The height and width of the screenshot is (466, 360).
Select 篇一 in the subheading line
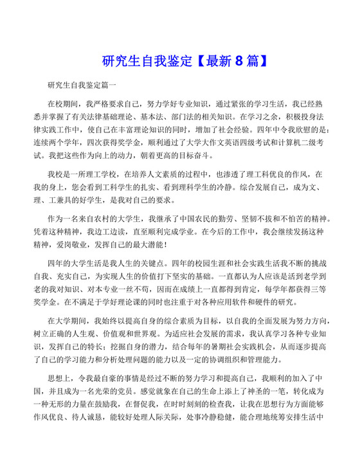[110, 84]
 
